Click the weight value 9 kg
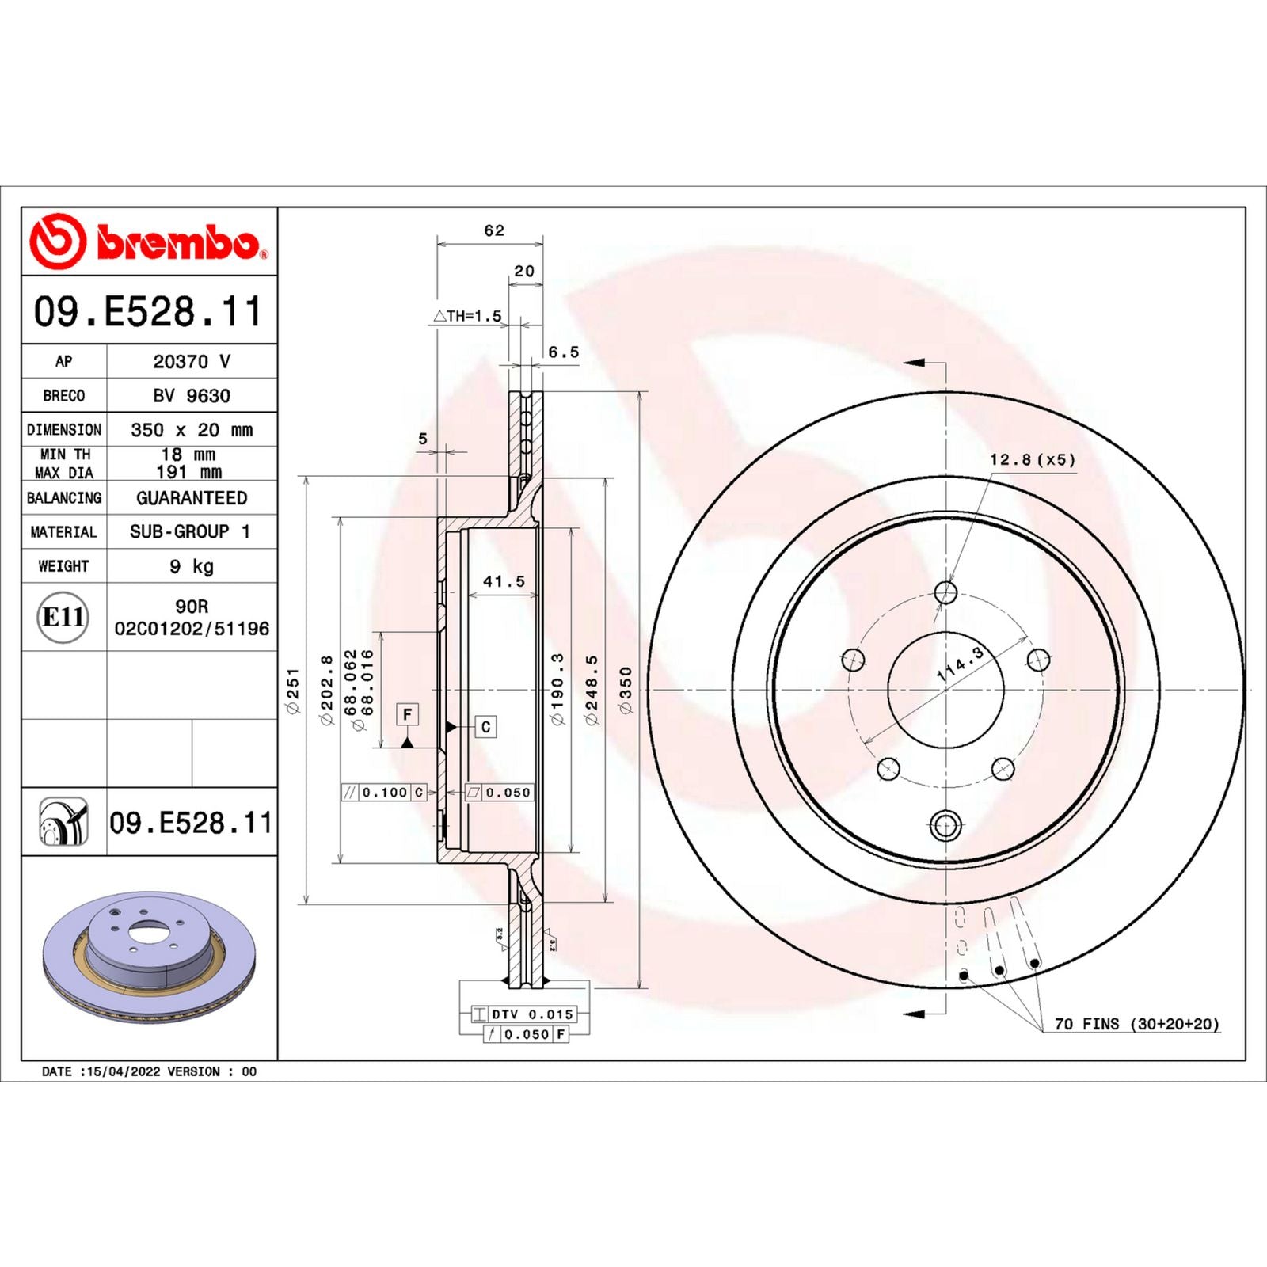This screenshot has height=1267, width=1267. click(x=191, y=566)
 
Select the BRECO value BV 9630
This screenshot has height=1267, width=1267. click(x=191, y=395)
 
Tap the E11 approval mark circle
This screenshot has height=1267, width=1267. click(x=63, y=617)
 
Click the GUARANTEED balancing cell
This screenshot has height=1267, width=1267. click(x=191, y=498)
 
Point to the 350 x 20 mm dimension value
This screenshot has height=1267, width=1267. click(x=191, y=430)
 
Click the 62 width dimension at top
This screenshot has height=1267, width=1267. click(x=493, y=230)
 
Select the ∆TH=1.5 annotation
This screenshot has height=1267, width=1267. click(x=467, y=316)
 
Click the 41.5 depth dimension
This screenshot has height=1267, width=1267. click(x=504, y=581)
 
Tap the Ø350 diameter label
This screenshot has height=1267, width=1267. click(x=626, y=691)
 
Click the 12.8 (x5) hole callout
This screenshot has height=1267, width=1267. click(x=1032, y=459)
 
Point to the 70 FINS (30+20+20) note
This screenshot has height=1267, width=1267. click(x=1136, y=1024)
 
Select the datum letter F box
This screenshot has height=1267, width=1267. click(x=407, y=714)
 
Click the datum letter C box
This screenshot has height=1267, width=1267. click(x=485, y=726)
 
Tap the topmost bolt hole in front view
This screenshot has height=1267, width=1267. click(x=945, y=592)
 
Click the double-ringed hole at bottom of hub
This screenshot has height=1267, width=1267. click(x=945, y=825)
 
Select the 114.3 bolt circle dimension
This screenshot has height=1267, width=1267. click(x=960, y=664)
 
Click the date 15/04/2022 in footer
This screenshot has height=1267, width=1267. click(x=124, y=1071)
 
